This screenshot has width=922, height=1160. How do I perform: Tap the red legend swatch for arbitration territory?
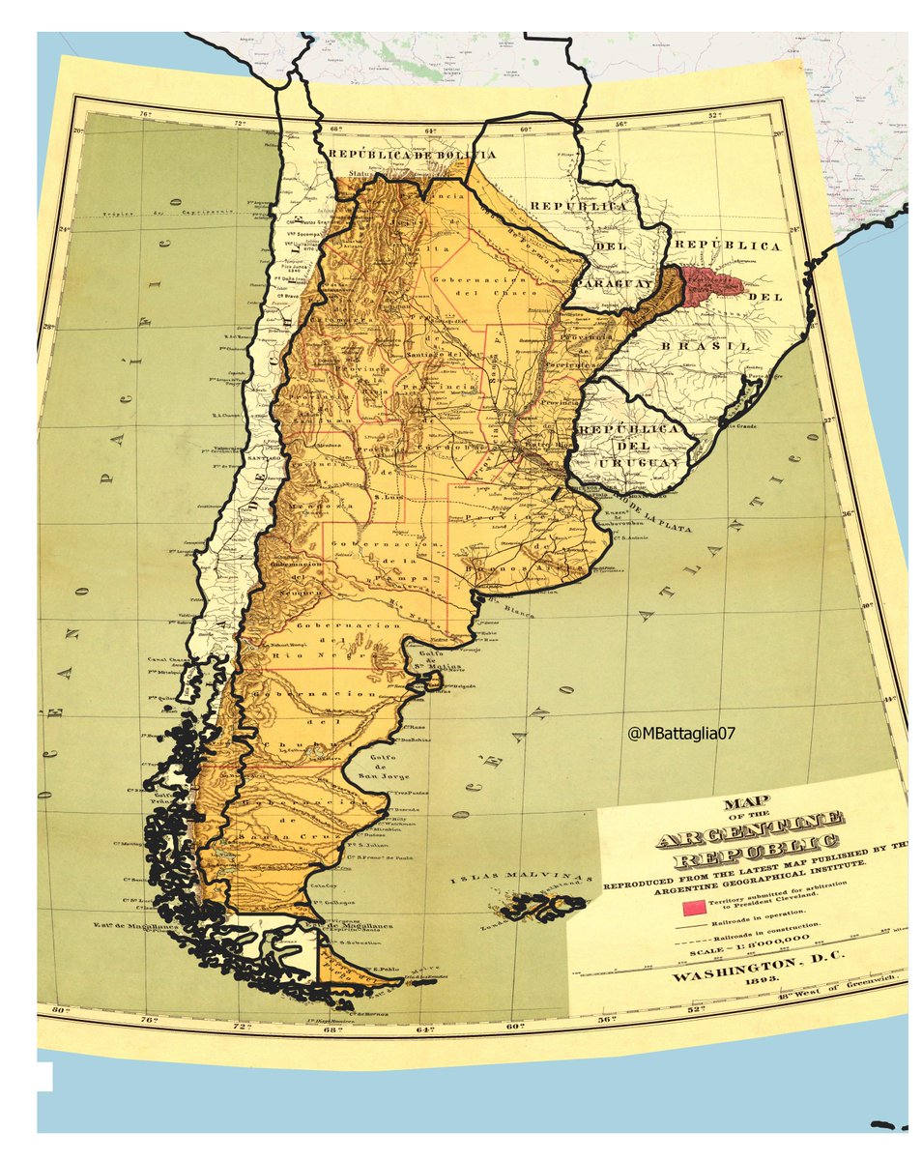pos(692,908)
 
